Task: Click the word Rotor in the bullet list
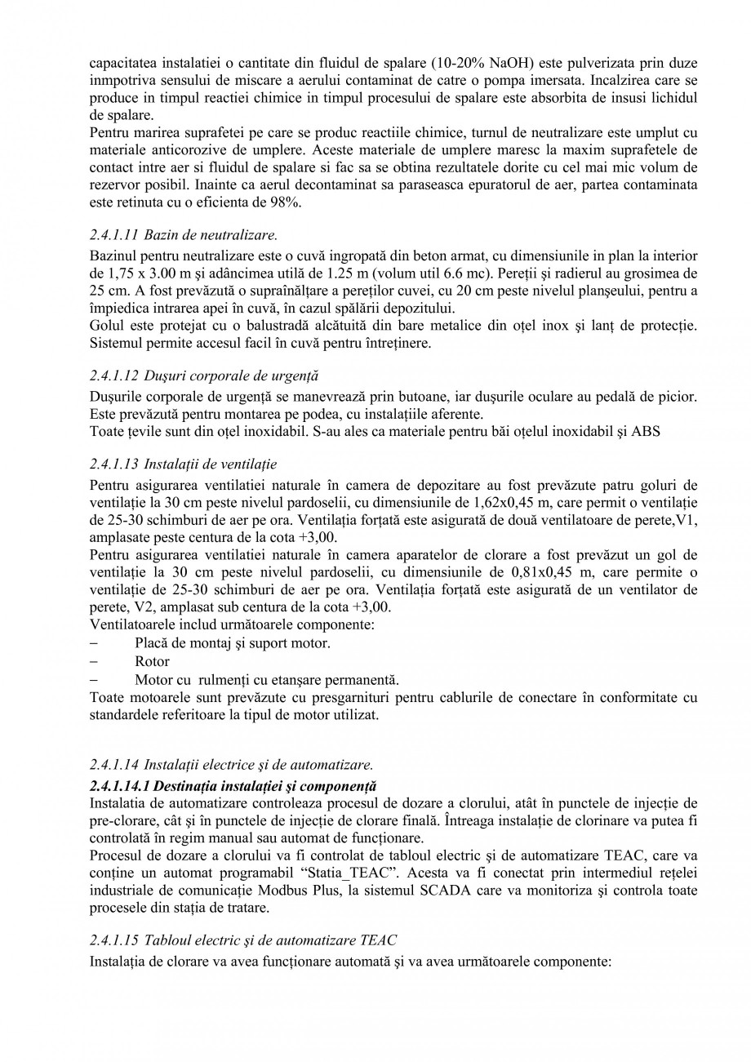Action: (152, 661)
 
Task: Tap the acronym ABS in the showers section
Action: (646, 432)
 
